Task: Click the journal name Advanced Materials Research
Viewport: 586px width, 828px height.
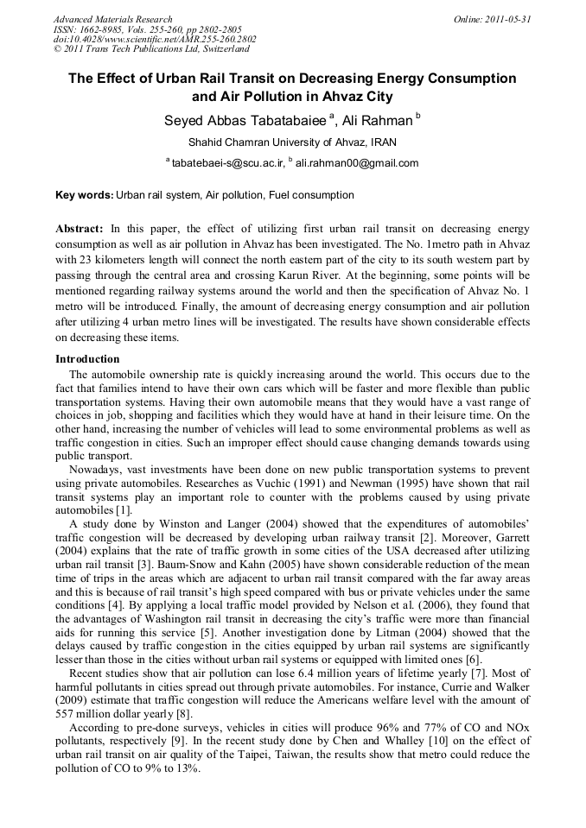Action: coord(112,19)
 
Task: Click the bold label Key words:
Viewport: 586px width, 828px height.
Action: coord(84,196)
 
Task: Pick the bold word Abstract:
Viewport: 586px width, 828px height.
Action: coord(80,229)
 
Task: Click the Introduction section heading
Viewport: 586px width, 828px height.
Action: coord(87,359)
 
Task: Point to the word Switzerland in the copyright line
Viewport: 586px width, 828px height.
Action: coord(222,49)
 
